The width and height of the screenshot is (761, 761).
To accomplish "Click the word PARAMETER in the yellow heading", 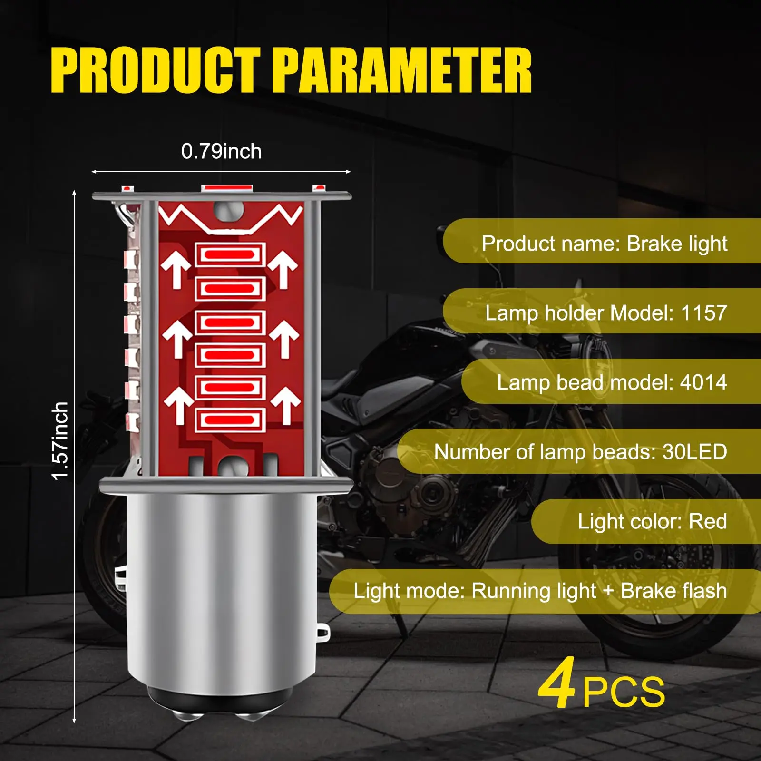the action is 402,70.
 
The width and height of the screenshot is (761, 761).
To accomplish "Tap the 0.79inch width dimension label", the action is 221,151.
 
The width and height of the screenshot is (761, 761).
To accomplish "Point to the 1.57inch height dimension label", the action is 61,441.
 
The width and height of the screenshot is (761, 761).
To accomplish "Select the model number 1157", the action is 704,313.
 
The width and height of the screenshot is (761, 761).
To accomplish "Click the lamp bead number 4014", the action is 703,382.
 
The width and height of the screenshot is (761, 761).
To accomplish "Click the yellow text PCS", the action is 624,693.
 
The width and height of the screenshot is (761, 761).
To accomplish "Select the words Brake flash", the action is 674,591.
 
